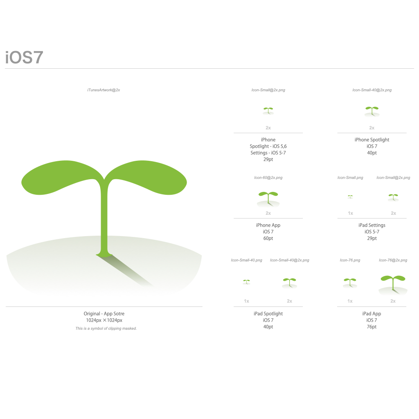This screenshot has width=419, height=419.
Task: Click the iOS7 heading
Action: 24,57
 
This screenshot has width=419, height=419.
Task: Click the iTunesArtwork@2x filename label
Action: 104,90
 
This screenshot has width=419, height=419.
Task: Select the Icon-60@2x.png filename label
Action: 268,178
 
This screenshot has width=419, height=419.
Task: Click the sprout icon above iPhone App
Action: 268,199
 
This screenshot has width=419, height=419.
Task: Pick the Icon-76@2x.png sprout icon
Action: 393,285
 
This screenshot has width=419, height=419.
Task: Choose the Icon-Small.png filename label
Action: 350,178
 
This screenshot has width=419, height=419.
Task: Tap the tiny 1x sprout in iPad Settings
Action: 350,197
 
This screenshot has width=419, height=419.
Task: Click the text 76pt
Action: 372,327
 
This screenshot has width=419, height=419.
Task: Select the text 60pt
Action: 268,239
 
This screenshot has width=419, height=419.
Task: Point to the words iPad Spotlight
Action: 268,314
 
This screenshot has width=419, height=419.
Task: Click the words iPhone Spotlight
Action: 372,140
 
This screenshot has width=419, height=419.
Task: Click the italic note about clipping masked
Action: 106,329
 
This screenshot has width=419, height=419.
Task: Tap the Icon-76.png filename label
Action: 350,260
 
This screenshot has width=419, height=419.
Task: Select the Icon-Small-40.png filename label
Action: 247,260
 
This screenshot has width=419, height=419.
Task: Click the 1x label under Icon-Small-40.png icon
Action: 246,301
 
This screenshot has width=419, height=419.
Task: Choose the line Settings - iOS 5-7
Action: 268,153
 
